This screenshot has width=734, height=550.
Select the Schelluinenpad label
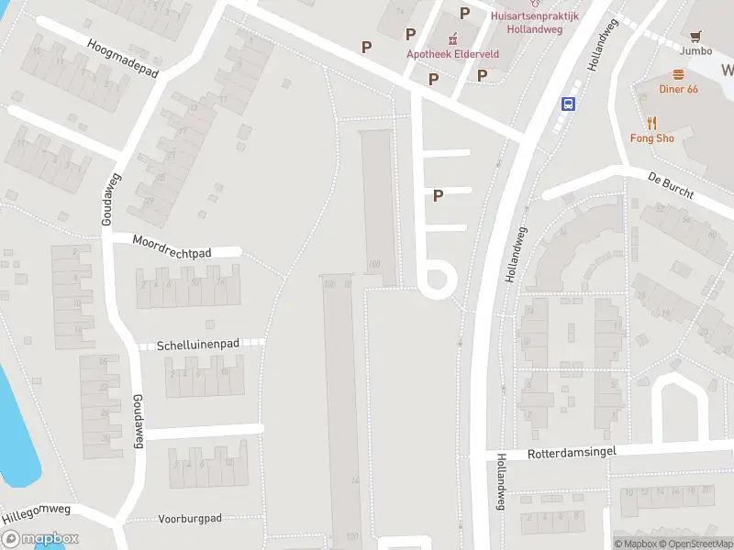click(x=198, y=345)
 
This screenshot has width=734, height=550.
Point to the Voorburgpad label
click(x=191, y=519)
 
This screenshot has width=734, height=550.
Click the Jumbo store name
click(x=695, y=51)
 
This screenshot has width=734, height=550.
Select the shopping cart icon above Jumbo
click(x=695, y=37)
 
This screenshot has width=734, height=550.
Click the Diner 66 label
click(x=679, y=89)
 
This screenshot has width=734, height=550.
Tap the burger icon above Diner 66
click(x=679, y=73)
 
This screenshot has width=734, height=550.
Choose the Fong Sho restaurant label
click(x=652, y=138)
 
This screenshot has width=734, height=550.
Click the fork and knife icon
click(x=652, y=122)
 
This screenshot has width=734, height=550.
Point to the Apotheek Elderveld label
click(x=453, y=54)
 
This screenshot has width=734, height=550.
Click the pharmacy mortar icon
click(x=452, y=38)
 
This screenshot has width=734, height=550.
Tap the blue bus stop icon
click(x=569, y=104)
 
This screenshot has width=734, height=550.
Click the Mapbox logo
click(x=40, y=539)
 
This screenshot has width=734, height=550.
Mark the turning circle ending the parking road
click(x=437, y=278)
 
